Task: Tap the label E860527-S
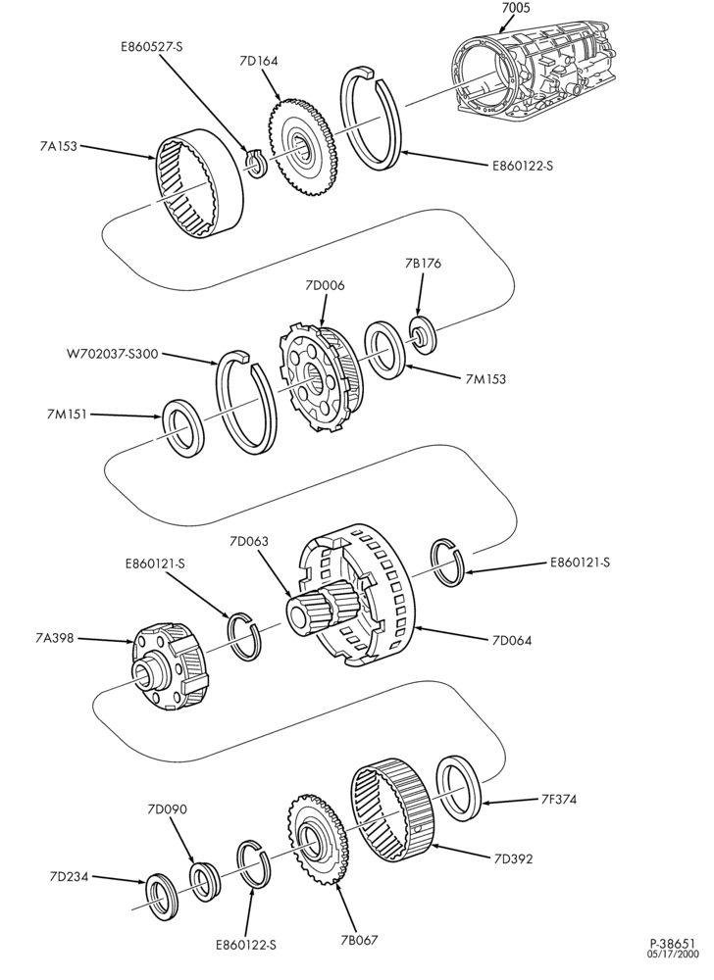click(151, 46)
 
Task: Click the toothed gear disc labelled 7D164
click(304, 148)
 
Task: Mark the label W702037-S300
click(112, 355)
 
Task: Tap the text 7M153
click(485, 378)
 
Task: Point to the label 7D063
click(249, 541)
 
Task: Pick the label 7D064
click(512, 640)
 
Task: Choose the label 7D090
click(167, 809)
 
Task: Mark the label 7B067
click(360, 940)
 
